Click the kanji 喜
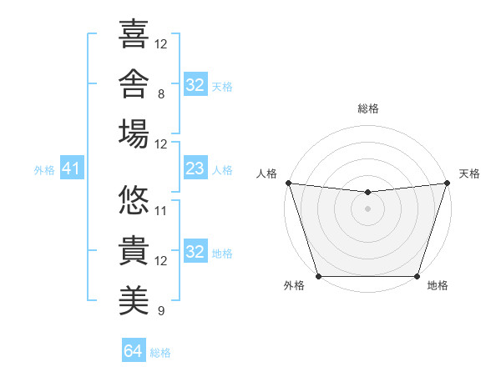[134, 34]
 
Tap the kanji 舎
[134, 83]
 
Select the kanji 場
[134, 133]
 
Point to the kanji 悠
[134, 200]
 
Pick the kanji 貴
[134, 250]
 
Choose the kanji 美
[134, 300]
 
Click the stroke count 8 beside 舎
[161, 94]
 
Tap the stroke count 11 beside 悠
[160, 211]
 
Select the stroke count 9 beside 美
[161, 310]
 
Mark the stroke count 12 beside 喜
[160, 44]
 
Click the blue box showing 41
[72, 168]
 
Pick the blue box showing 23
[195, 168]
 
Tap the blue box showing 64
[134, 349]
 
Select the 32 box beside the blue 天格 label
[195, 84]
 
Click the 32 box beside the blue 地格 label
[195, 250]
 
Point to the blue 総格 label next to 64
[160, 353]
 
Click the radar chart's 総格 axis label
[368, 108]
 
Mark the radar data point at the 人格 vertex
[289, 183]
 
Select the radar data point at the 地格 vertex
[417, 276]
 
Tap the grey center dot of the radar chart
[367, 209]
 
